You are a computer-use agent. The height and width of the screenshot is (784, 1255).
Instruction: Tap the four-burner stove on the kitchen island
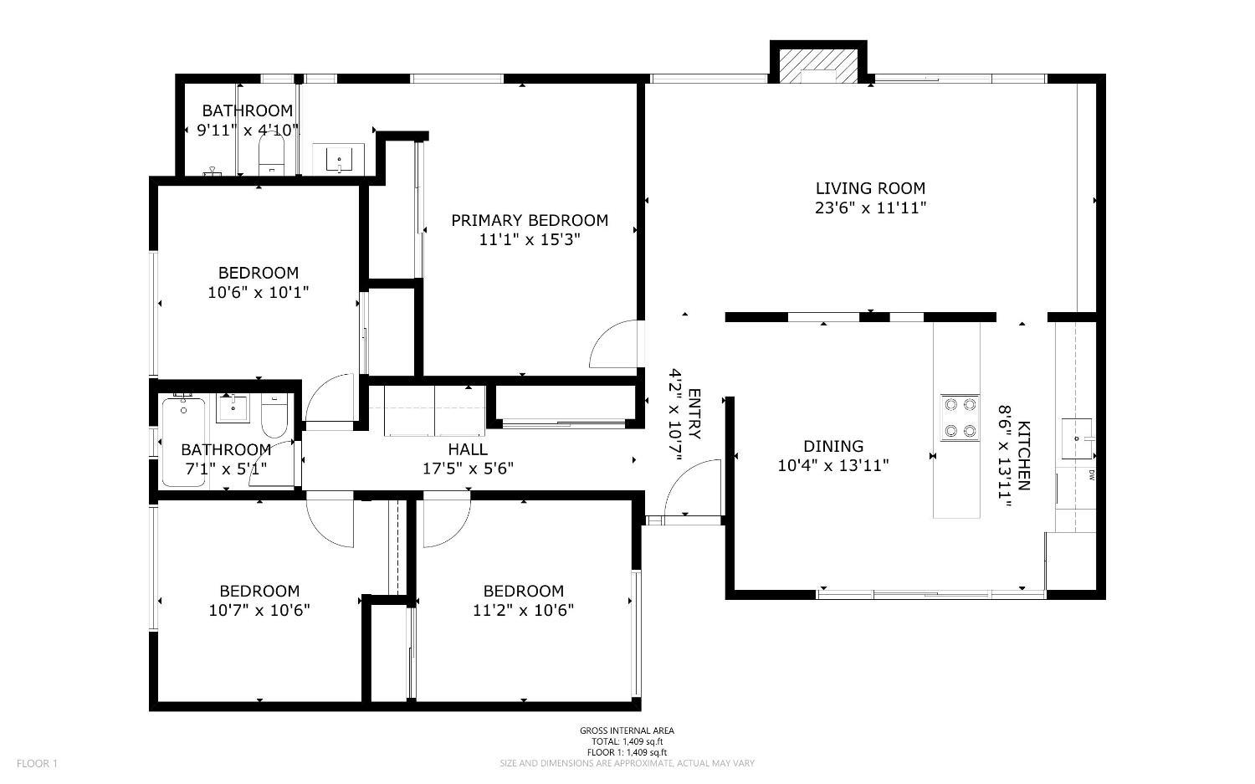(x=960, y=418)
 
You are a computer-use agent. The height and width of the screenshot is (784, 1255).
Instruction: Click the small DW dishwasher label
(x=1092, y=476)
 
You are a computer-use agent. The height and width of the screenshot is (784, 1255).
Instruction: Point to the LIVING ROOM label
(x=870, y=188)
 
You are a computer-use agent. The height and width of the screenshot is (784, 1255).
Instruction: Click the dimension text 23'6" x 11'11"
(x=870, y=208)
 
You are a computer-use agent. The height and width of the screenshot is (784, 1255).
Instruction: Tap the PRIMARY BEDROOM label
(x=529, y=220)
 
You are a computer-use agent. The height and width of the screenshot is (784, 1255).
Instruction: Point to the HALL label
(x=467, y=449)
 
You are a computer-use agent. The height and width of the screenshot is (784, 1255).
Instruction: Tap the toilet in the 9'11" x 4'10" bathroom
(x=272, y=156)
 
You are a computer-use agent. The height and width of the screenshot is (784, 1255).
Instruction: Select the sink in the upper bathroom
(x=339, y=158)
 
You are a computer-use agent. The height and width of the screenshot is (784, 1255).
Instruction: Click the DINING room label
(x=832, y=446)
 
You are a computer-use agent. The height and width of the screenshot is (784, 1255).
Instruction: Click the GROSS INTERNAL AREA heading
(x=627, y=730)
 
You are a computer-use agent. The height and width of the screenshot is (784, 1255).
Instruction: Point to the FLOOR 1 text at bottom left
(x=37, y=763)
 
